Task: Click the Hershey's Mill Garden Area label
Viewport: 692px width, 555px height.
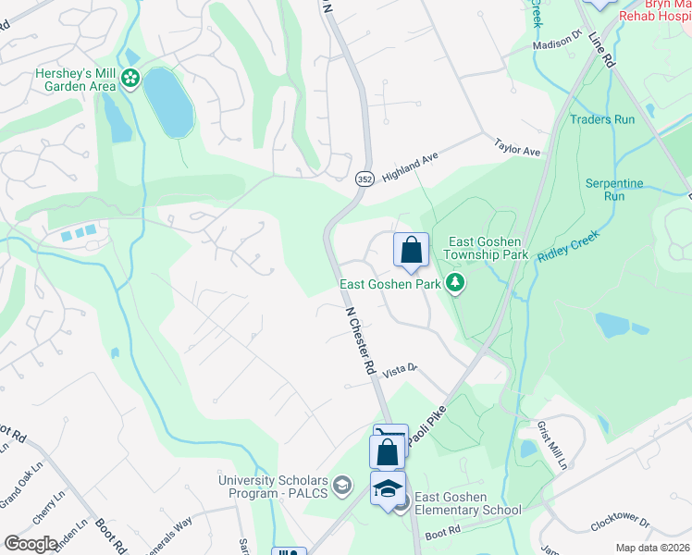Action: click(x=75, y=79)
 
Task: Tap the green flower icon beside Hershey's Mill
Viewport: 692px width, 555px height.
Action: click(x=130, y=80)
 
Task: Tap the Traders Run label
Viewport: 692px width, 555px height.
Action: click(x=602, y=119)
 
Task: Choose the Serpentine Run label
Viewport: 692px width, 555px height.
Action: click(x=613, y=190)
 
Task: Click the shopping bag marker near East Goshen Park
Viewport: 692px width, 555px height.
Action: click(x=411, y=250)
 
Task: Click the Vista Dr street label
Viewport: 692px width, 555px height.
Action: click(x=402, y=369)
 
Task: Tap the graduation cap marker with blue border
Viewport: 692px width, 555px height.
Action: click(x=389, y=488)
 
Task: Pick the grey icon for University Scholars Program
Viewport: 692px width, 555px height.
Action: click(x=341, y=485)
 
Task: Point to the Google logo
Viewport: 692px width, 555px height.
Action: click(x=31, y=544)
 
